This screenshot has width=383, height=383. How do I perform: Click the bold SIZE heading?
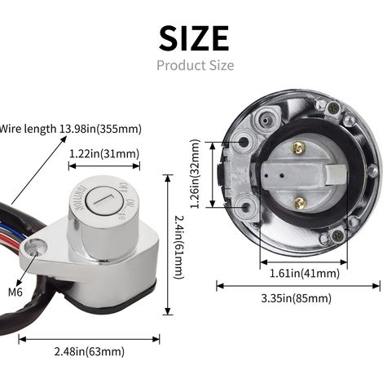tap(194, 38)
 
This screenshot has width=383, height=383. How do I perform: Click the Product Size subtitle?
tap(195, 65)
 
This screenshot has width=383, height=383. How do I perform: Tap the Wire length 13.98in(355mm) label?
tap(71, 129)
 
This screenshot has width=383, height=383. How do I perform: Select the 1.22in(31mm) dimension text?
tap(104, 154)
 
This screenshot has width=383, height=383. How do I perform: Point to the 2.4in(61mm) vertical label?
tap(179, 247)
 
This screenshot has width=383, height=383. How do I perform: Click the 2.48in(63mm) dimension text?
tap(90, 351)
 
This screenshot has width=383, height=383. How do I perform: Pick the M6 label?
tap(15, 293)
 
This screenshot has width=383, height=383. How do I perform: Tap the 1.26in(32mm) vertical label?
tap(195, 174)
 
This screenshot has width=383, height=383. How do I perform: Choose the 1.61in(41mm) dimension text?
tap(305, 273)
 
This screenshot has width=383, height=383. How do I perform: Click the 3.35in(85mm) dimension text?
tap(297, 298)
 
